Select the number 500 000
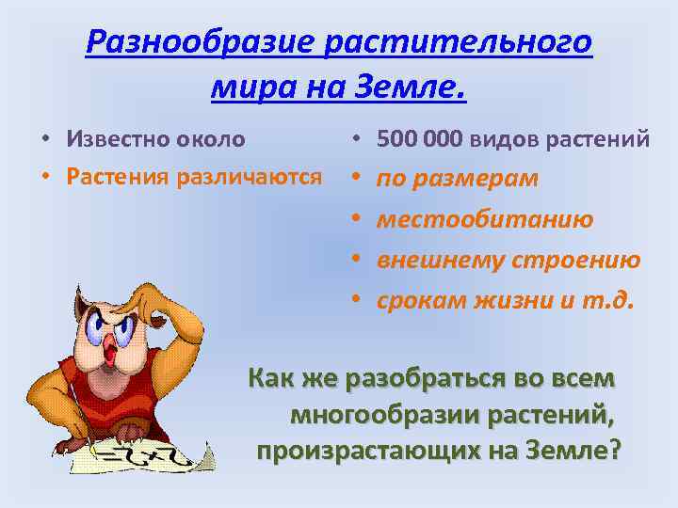pos(419,140)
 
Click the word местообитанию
pos(485,219)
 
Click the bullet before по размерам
pos(358,179)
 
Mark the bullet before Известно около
pos(45,140)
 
